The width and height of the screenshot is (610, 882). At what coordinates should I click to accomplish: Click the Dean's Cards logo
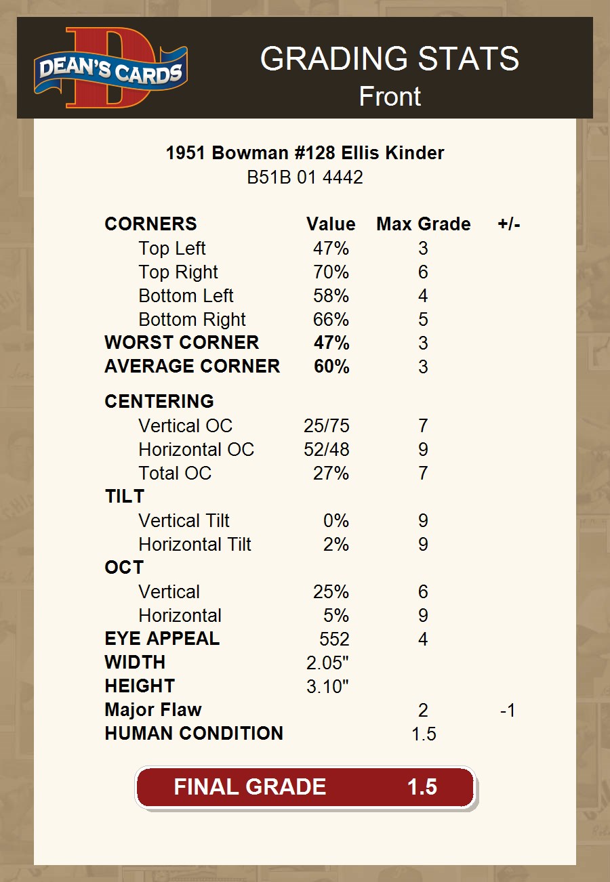[110, 68]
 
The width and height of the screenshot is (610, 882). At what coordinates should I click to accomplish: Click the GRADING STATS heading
[390, 60]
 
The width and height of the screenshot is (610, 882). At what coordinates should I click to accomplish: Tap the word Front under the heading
[390, 97]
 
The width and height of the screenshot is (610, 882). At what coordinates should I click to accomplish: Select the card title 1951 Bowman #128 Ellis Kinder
[305, 153]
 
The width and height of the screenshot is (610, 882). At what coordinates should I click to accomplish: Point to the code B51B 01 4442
[305, 177]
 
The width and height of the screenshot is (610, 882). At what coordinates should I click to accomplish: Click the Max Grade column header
[423, 224]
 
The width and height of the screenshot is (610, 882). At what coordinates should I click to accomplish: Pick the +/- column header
[508, 224]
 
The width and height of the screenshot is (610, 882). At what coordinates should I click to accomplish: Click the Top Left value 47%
[331, 249]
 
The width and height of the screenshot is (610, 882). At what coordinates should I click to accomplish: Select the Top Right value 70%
[331, 272]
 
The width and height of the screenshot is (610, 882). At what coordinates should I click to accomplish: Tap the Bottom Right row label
[192, 320]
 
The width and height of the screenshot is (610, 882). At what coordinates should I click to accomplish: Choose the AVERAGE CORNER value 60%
[331, 366]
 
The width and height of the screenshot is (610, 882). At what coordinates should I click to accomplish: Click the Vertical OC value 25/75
[327, 426]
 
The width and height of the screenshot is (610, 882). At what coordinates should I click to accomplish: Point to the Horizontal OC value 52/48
[327, 450]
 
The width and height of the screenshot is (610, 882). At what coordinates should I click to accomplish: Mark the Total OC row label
[175, 474]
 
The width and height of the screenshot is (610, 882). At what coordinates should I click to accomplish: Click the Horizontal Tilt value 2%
[336, 545]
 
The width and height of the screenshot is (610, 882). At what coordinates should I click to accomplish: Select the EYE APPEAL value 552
[334, 639]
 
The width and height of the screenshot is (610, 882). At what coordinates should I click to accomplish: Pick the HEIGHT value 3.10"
[327, 687]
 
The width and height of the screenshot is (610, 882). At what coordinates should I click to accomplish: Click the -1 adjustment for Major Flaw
[507, 711]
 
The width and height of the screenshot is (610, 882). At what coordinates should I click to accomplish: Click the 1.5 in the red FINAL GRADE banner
[422, 787]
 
